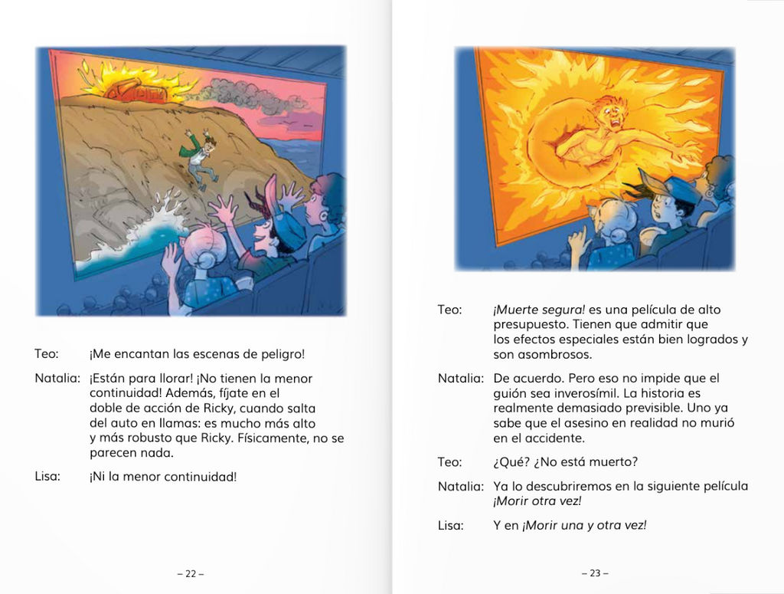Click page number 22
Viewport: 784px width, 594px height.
(191, 573)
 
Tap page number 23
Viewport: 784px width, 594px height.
(595, 573)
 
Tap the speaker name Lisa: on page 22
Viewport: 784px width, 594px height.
(47, 476)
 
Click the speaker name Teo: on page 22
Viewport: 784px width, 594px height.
(46, 354)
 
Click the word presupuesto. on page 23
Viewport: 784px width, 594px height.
(530, 324)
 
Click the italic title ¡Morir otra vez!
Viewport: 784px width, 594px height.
(537, 501)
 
